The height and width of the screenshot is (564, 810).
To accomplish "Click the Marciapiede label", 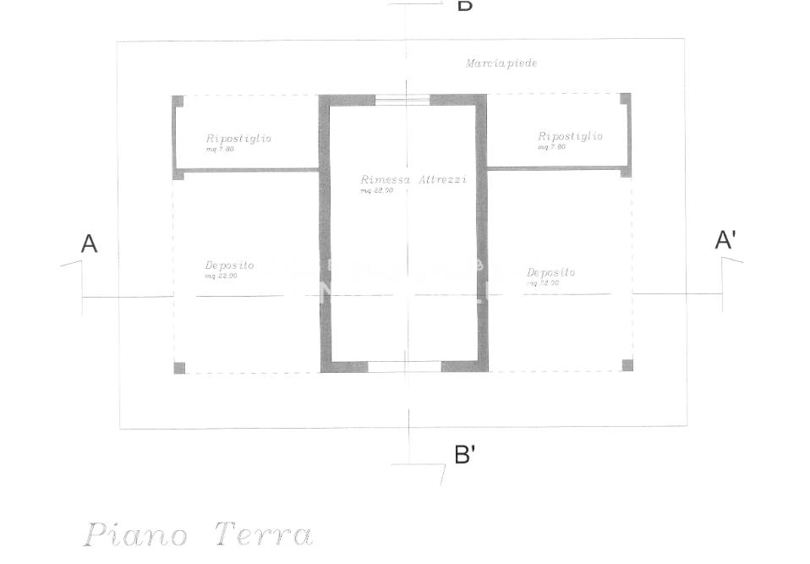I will coord(501,63).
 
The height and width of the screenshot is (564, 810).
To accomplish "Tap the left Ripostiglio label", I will coord(238,139).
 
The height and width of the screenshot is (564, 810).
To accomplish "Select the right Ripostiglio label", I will coord(570,136).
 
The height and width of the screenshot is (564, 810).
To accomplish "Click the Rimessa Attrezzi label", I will coord(413,180).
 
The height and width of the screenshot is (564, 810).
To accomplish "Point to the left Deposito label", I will coord(229,266).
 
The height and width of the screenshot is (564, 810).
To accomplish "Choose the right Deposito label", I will coord(550,272).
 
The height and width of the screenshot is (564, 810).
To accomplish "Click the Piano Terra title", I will coord(198,535).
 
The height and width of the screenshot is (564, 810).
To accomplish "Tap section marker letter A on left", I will coord(89,244).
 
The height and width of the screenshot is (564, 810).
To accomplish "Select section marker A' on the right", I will coord(725,240).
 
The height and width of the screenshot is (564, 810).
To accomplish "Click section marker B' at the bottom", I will coord(464,455).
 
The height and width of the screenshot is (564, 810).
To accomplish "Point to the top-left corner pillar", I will coord(178,101).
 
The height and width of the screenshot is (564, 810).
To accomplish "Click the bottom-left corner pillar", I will coord(179,368).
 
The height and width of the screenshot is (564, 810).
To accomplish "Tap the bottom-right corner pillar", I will coord(627,365).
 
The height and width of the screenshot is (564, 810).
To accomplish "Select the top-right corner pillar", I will coord(625,99).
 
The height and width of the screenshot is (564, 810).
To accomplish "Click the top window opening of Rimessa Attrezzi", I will coord(402,100).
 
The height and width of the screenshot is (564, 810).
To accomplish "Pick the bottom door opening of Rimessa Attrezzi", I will coord(405,367).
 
